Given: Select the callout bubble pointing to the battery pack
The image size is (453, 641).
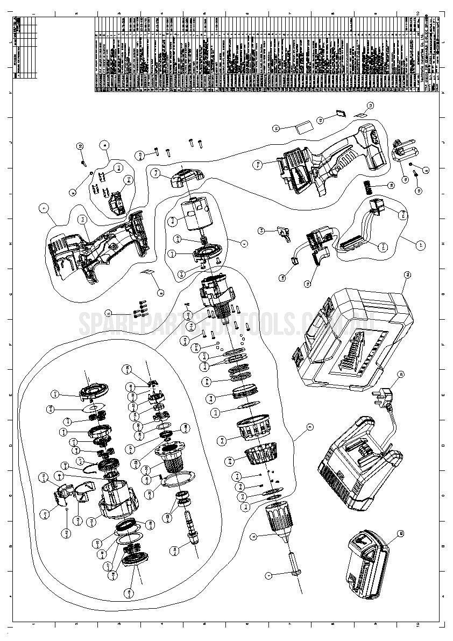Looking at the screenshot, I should (x=400, y=534).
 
